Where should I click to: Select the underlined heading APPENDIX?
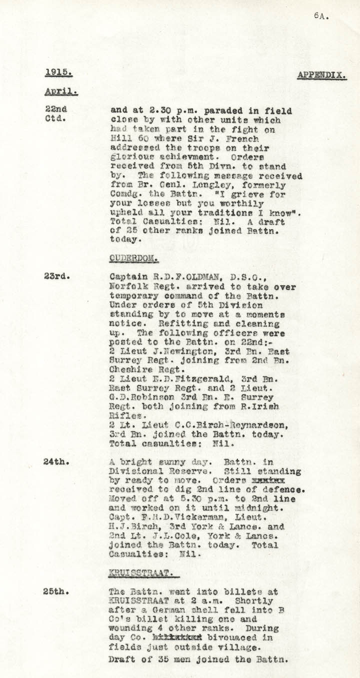coord(322,75)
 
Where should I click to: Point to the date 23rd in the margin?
coord(54,275)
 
